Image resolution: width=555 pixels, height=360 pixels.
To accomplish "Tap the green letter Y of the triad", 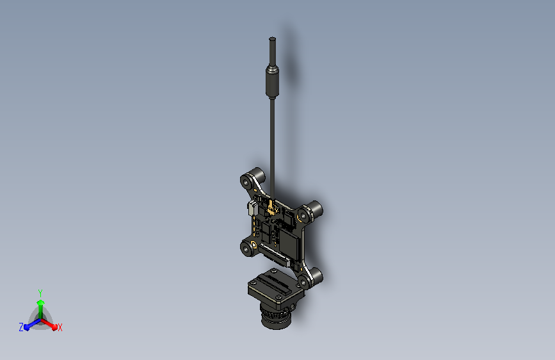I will click(x=40, y=291).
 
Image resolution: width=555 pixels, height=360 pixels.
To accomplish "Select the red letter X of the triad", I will click(x=60, y=327).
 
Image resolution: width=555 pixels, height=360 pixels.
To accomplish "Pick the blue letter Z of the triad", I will click(x=21, y=327).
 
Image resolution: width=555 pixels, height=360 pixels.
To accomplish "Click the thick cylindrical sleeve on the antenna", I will click(x=271, y=81).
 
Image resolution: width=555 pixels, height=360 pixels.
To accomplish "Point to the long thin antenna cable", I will click(x=272, y=141).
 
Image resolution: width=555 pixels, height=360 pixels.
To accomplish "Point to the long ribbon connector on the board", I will click(x=276, y=258).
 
